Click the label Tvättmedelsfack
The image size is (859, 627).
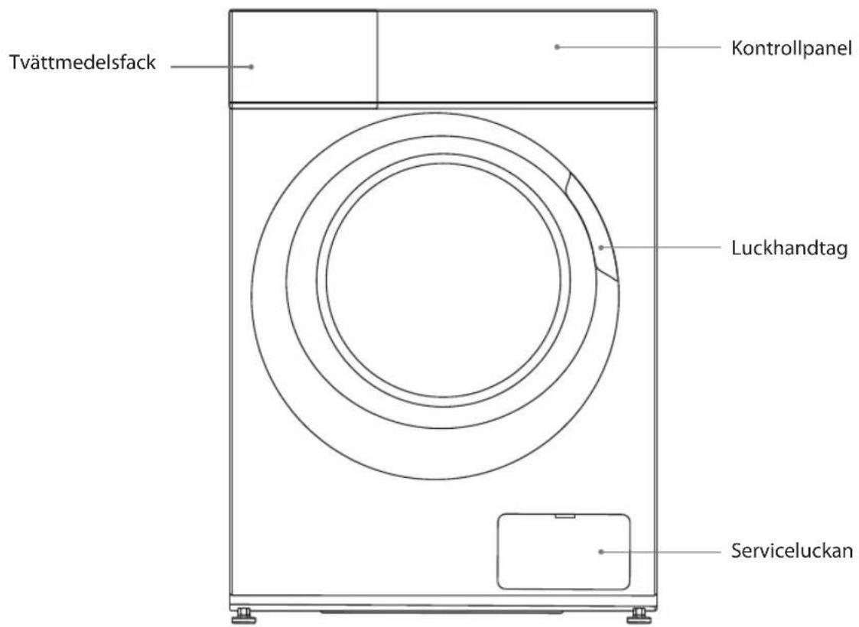(x=82, y=63)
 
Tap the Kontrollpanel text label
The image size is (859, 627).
(x=792, y=48)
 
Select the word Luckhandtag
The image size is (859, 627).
(x=789, y=248)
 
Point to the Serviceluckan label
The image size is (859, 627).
(x=792, y=551)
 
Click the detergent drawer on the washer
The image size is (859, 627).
(x=304, y=57)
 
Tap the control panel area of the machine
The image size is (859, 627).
(x=516, y=57)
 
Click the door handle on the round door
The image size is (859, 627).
(x=594, y=228)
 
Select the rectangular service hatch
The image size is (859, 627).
(x=564, y=551)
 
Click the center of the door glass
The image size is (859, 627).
(x=444, y=279)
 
